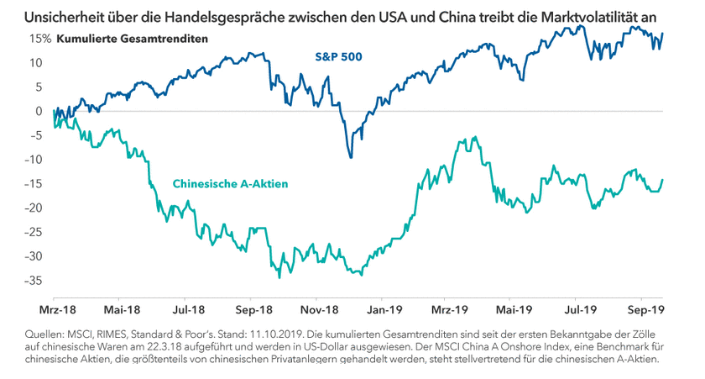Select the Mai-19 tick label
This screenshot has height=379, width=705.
[513, 309]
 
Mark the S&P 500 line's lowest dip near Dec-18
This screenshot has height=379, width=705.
[350, 157]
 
